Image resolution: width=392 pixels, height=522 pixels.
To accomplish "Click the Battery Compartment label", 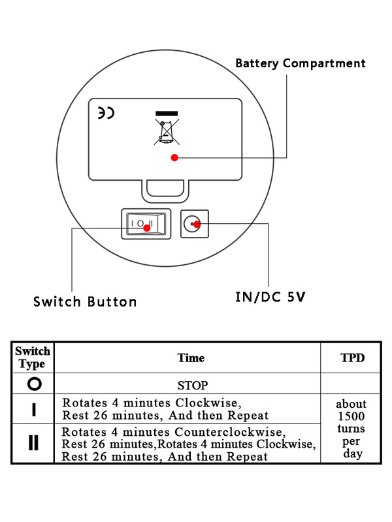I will pyautogui.click(x=300, y=63).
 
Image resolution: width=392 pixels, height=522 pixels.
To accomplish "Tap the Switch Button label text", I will pyautogui.click(x=85, y=301).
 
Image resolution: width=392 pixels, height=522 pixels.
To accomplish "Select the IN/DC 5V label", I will pyautogui.click(x=269, y=297).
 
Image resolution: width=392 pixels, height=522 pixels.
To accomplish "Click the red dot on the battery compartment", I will pyautogui.click(x=174, y=157).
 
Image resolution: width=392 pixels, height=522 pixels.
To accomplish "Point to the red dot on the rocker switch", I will pyautogui.click(x=146, y=228).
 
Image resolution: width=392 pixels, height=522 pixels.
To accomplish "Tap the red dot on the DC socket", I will pyautogui.click(x=197, y=224).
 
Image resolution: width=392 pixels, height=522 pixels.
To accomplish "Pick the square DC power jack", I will pyautogui.click(x=194, y=224).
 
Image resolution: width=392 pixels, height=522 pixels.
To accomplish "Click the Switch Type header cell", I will pyautogui.click(x=33, y=358).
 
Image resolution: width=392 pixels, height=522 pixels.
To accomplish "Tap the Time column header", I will pyautogui.click(x=191, y=358).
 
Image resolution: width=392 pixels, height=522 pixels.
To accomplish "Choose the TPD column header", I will pyautogui.click(x=353, y=358).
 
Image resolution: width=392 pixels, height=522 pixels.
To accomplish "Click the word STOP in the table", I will pyautogui.click(x=192, y=385).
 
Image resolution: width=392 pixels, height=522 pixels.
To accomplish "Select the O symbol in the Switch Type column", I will pyautogui.click(x=34, y=384).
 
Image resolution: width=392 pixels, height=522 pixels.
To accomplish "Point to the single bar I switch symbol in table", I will pyautogui.click(x=33, y=410).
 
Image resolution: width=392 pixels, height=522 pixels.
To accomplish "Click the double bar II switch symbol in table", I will pyautogui.click(x=33, y=444).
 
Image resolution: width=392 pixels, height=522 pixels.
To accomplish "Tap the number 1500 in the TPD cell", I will pyautogui.click(x=352, y=416).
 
